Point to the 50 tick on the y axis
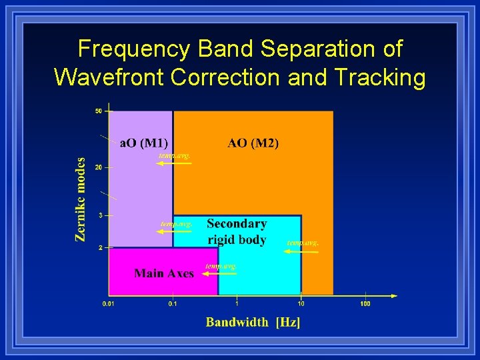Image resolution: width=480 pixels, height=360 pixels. coord(99,111)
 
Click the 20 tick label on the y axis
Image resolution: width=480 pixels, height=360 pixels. coord(99,167)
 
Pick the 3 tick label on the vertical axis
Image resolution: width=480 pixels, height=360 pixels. coord(100,215)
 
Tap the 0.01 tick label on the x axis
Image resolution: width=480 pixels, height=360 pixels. coord(108,304)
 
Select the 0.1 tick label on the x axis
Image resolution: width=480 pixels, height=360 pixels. coord(173,304)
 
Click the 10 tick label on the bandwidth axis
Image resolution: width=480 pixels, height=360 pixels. coord(301,304)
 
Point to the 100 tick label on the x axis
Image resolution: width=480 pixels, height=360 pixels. coord(365,304)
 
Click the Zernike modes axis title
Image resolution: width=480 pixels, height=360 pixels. coord(81,199)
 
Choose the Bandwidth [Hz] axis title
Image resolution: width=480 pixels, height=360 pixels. coord(253,322)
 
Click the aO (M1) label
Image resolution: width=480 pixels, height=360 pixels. coord(143,143)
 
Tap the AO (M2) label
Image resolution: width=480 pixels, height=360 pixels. coord(253,143)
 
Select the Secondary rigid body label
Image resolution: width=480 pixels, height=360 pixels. coord(237,232)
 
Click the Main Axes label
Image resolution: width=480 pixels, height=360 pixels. coord(164,273)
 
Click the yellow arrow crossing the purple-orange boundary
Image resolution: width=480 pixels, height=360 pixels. coord(175,163)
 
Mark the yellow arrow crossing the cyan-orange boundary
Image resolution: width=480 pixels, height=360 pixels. coord(301,251)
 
